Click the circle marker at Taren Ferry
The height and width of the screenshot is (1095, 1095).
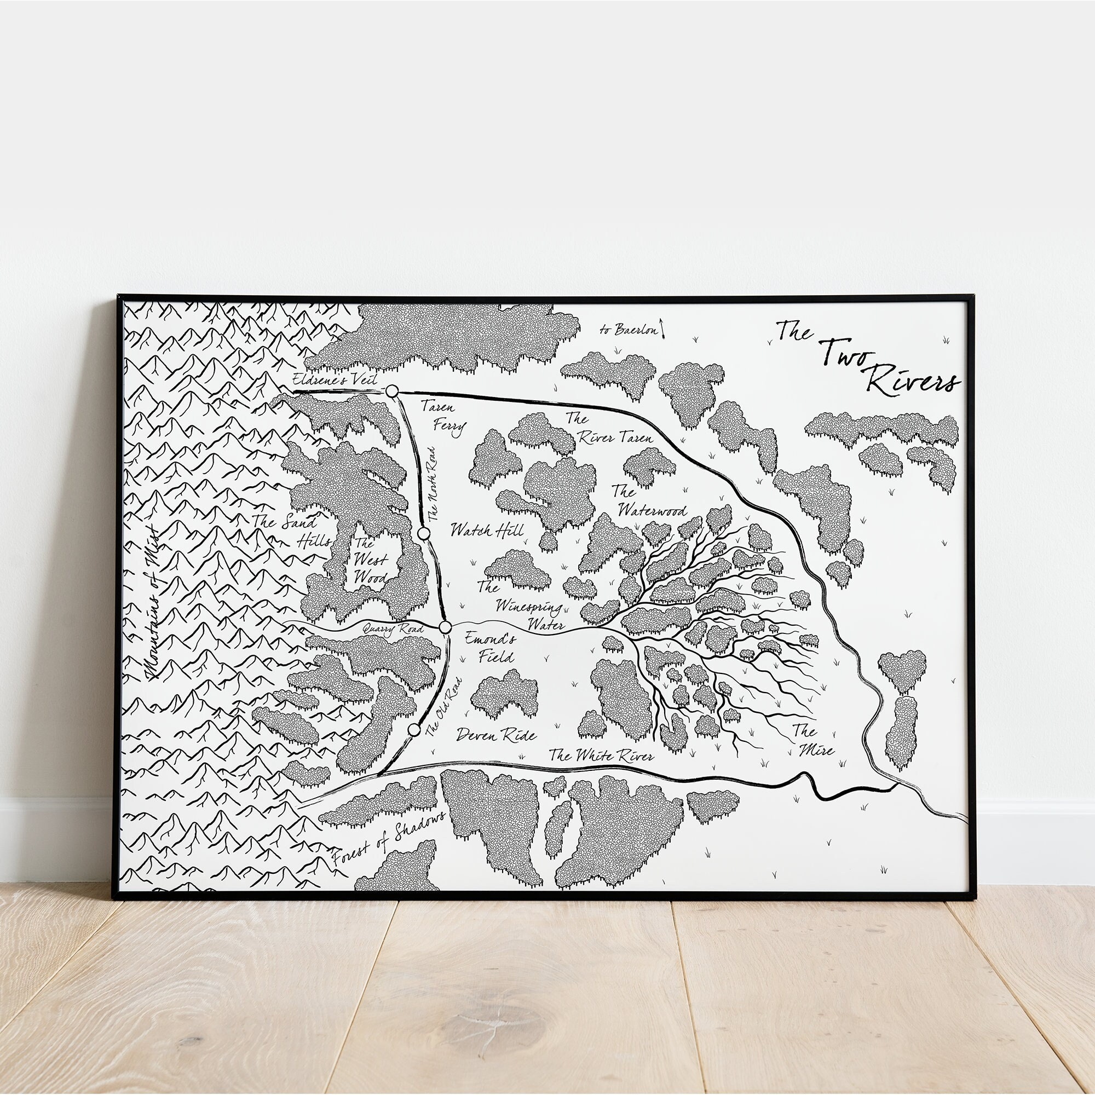point(391,391)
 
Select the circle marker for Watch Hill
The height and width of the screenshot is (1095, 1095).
point(423,533)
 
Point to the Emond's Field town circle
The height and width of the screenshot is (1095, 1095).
point(445,627)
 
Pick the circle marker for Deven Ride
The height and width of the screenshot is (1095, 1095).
point(414,729)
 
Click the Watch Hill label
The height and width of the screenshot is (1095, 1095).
point(487,531)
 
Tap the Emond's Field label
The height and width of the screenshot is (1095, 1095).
point(489,648)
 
